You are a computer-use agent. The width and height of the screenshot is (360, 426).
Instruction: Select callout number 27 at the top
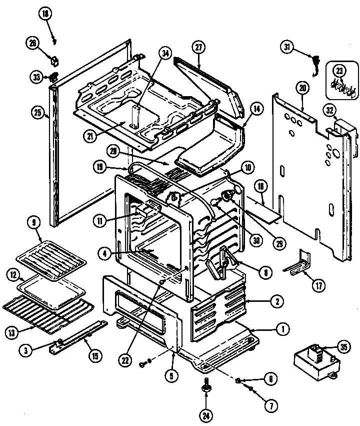point(198,48)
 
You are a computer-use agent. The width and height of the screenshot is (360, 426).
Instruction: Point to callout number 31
point(287,48)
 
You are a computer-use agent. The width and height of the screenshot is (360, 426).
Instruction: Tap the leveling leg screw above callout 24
point(206,385)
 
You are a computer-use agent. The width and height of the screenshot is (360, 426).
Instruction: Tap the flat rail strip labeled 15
point(80,336)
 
